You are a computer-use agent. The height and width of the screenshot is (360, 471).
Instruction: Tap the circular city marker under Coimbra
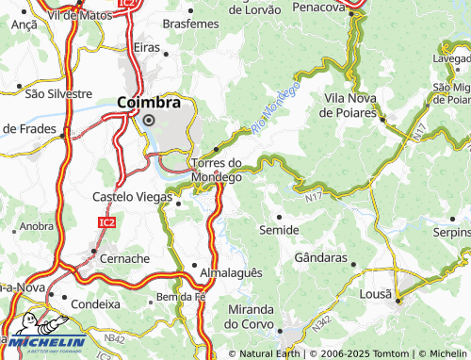pos(148,120)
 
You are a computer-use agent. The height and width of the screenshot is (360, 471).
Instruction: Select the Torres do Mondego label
pos(217,169)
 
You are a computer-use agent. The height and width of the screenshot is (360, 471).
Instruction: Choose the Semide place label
pos(279,230)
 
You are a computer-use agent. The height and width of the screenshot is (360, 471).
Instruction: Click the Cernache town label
pos(124,257)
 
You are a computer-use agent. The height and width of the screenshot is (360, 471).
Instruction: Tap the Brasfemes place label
pos(190,22)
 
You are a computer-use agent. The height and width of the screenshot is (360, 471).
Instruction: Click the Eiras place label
pos(146,46)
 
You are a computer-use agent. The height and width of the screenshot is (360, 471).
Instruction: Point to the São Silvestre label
pos(57,93)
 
